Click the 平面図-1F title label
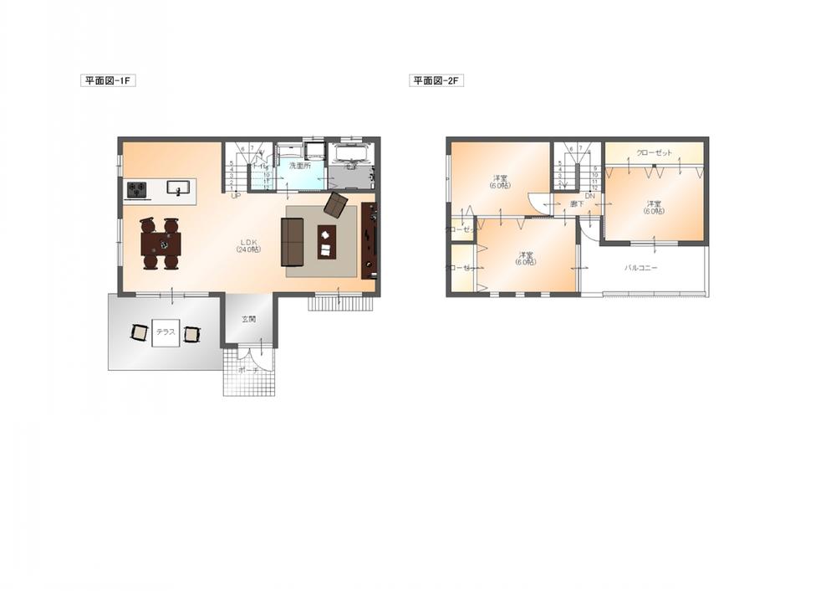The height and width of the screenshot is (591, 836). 108,81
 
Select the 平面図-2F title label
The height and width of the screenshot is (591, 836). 436,81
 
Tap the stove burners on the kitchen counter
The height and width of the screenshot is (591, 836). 137,189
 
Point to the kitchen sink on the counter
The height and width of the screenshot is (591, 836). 178,188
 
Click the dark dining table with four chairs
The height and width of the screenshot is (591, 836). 161,244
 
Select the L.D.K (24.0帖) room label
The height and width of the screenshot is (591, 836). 248,245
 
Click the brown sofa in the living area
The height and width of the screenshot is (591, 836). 292,242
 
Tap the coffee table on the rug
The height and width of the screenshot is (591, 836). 326,242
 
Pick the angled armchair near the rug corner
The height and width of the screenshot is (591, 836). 336,205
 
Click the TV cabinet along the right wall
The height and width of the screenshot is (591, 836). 369,240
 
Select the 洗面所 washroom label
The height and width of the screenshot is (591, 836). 299,166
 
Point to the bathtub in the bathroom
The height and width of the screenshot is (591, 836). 351,155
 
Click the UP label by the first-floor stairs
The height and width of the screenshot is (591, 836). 236,195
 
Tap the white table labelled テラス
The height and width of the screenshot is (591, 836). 166,332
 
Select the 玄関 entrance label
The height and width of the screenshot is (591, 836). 249,320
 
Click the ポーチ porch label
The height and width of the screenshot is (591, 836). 247,369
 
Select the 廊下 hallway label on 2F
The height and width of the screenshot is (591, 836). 577,203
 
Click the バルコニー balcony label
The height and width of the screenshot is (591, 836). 641,268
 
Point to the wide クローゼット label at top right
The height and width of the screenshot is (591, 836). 653,153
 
